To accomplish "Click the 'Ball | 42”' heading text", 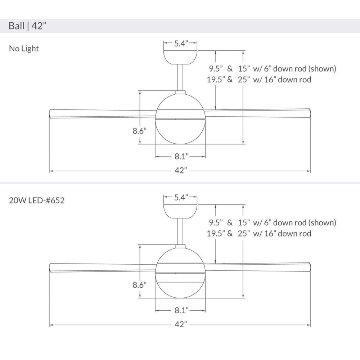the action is click(x=27, y=26).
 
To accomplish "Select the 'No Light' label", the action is click(x=24, y=49).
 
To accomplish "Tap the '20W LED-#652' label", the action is click(x=37, y=201).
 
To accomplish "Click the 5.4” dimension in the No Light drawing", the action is click(x=181, y=43).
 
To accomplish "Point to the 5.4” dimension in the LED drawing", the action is click(x=181, y=197).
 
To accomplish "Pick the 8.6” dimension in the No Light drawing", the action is click(x=140, y=131).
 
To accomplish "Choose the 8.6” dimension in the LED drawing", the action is click(x=140, y=285).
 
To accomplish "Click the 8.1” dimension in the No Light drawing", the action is click(x=181, y=156).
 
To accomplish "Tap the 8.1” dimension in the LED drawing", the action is click(x=181, y=310).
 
